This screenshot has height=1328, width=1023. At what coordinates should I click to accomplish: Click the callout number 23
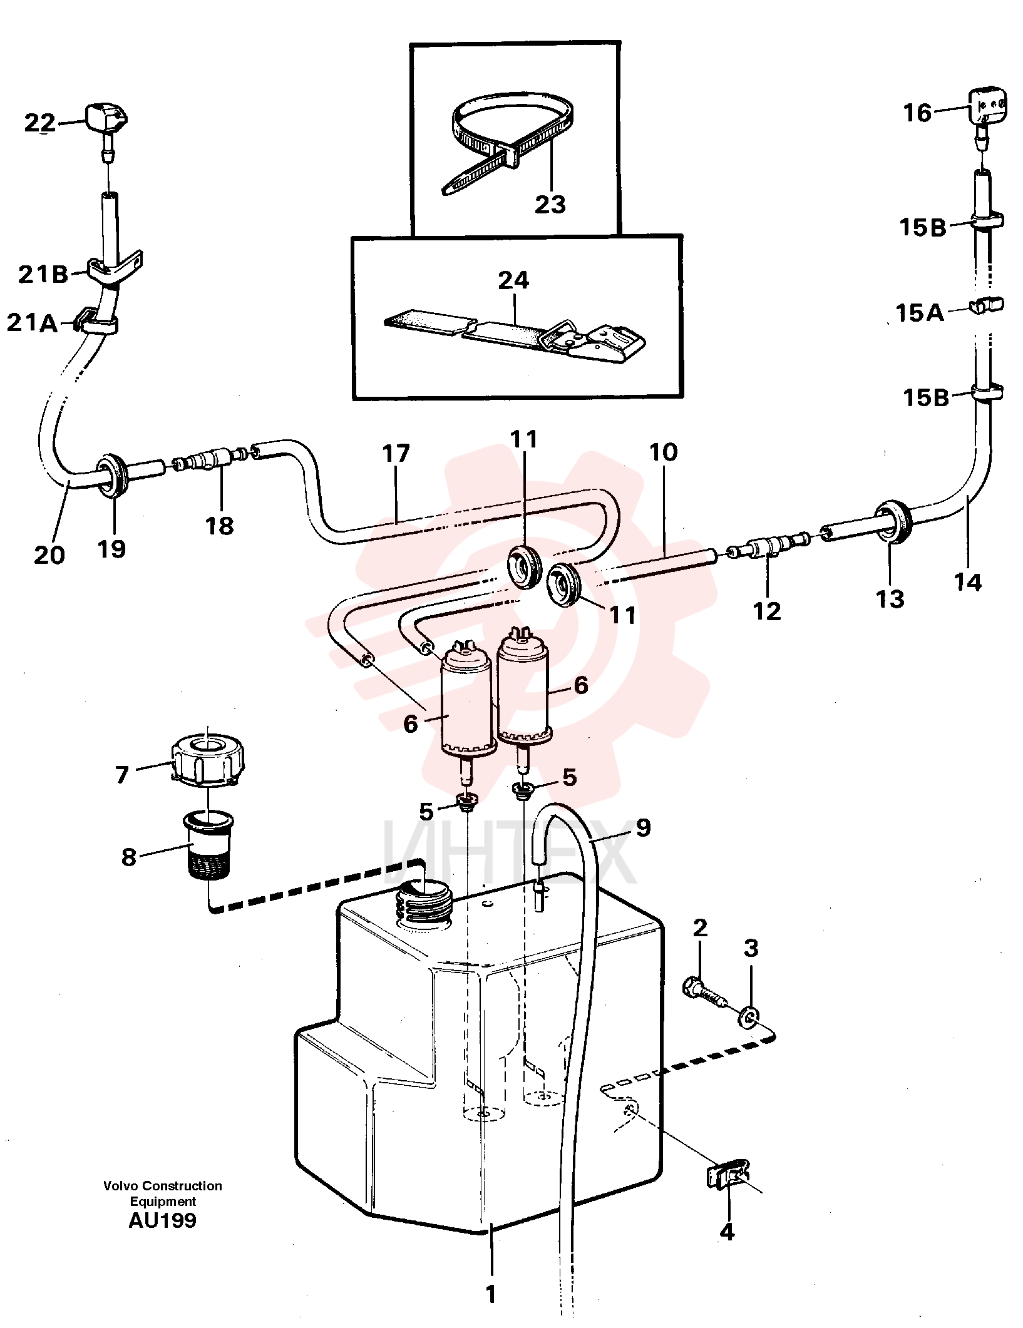(550, 203)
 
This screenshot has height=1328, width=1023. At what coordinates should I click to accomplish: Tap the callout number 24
(514, 280)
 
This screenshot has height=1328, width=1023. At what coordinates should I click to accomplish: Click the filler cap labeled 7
(208, 759)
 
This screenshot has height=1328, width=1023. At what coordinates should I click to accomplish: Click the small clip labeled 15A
(987, 306)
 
